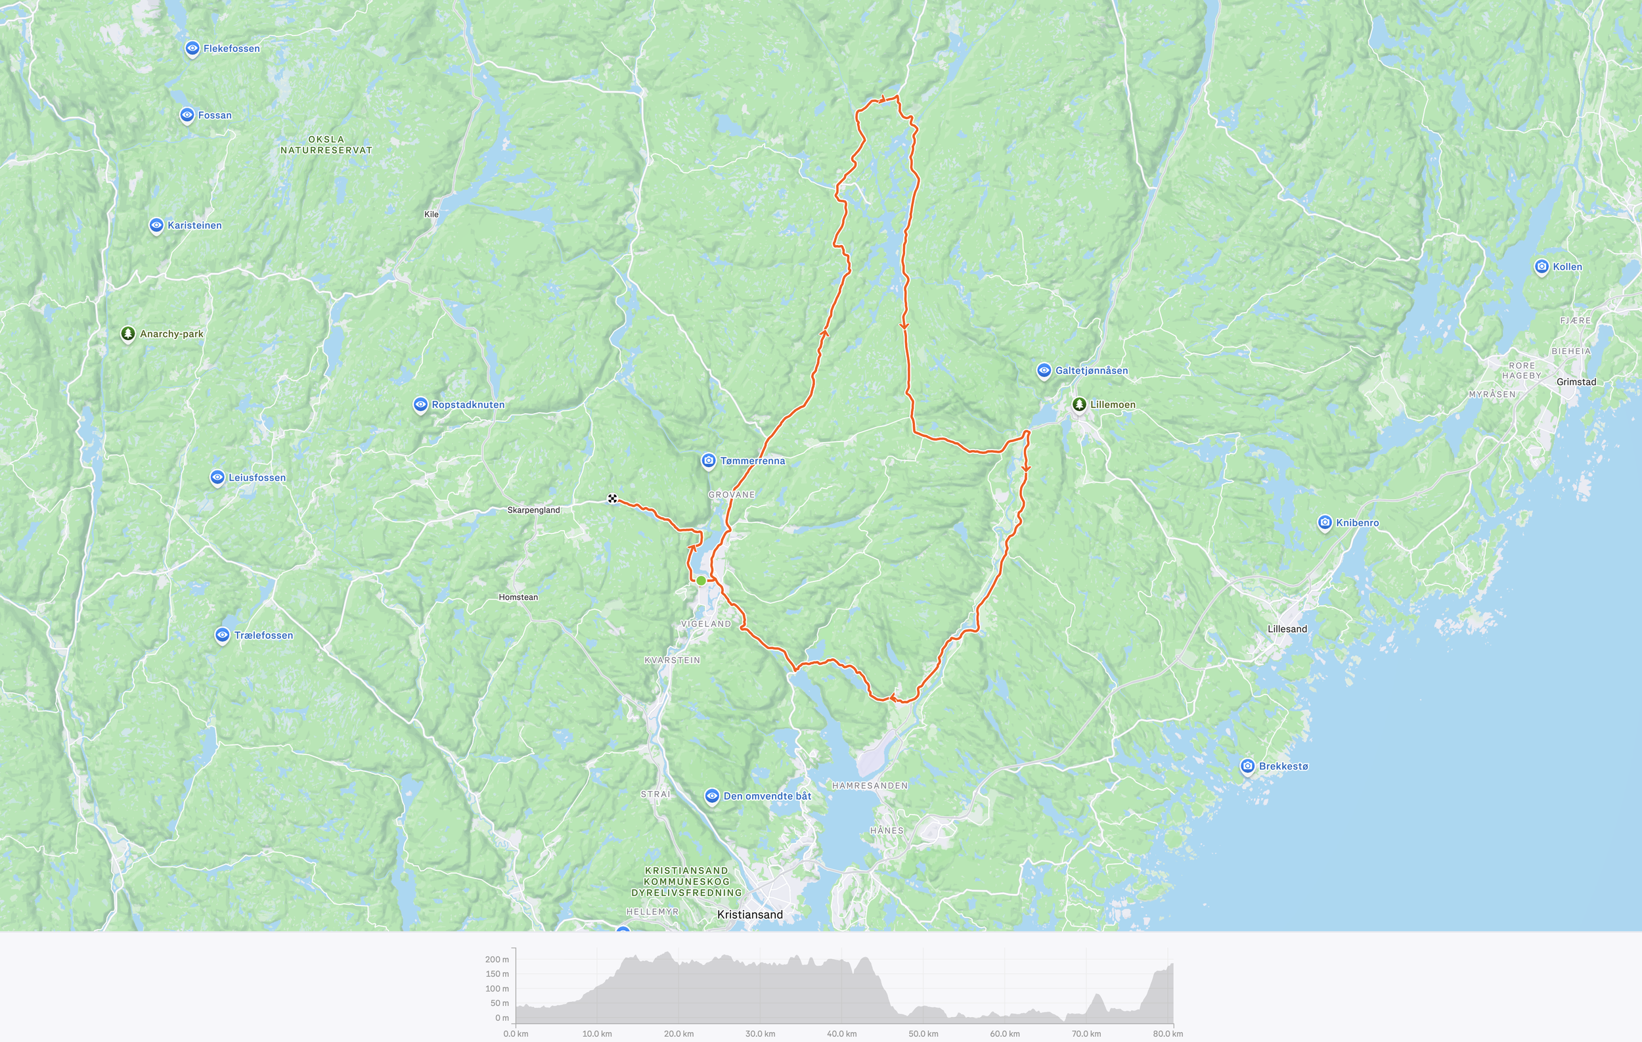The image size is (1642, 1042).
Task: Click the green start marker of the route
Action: coord(701,580)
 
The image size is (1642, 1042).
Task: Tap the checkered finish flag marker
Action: coord(612,499)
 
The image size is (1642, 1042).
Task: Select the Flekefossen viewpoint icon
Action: coord(192,49)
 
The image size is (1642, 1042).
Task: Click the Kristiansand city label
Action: coord(749,915)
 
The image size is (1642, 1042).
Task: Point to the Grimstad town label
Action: coord(1576,382)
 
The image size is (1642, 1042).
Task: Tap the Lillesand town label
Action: coord(1287,629)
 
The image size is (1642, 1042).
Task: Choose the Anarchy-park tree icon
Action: coord(127,334)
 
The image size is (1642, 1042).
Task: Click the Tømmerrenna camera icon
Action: coord(709,461)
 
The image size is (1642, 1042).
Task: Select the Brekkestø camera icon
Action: coord(1247,766)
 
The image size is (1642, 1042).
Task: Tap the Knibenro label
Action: coord(1357,523)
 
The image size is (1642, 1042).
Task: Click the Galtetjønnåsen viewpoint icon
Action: coord(1043,371)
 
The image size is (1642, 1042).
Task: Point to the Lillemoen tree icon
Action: coord(1078,405)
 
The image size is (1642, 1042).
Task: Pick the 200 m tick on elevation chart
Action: coord(497,959)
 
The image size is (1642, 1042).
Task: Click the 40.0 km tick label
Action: coord(841,1034)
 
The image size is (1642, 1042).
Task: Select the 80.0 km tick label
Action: coord(1167,1034)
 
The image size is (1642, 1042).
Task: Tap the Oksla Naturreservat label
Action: coord(326,145)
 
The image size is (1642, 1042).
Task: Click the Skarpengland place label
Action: coord(533,510)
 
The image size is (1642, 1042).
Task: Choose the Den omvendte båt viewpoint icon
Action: coord(712,796)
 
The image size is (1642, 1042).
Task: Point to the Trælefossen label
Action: coord(263,635)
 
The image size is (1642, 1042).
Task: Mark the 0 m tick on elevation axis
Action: coord(502,1018)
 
